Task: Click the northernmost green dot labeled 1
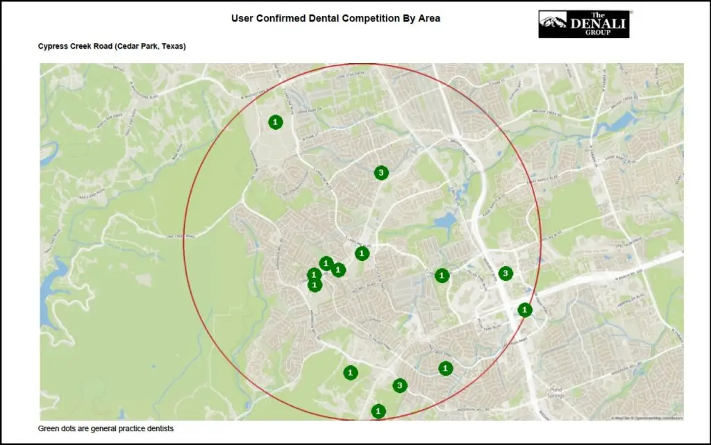276,122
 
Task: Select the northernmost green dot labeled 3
380,173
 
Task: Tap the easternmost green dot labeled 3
505,274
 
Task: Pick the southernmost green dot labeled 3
399,385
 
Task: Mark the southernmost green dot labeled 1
378,411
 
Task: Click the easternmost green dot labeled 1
525,310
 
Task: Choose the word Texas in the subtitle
172,47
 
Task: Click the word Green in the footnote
49,429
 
